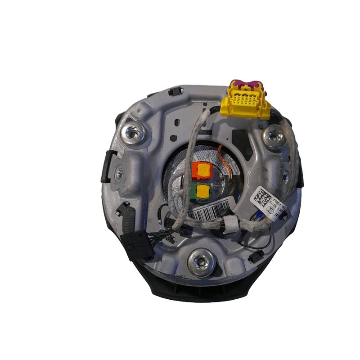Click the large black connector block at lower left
137,245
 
